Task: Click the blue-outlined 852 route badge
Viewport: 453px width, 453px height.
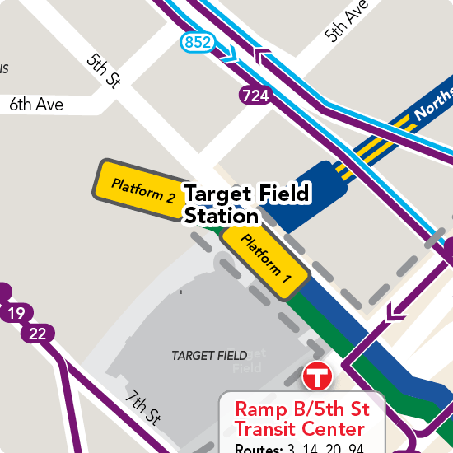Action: click(x=198, y=42)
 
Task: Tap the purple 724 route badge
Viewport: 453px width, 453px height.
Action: click(x=256, y=96)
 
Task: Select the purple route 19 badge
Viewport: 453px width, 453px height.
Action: click(x=16, y=313)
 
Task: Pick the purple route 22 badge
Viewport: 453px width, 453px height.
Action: click(x=37, y=334)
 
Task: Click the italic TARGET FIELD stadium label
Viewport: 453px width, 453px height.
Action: click(x=209, y=356)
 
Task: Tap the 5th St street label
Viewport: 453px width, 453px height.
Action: click(x=105, y=72)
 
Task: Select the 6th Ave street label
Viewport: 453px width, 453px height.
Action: click(x=36, y=105)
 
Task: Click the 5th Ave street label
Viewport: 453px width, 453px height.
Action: click(x=345, y=21)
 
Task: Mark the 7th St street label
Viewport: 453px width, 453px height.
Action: click(x=142, y=408)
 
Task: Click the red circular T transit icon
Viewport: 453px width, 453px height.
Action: click(x=316, y=376)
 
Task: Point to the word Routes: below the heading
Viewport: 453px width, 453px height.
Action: click(x=258, y=449)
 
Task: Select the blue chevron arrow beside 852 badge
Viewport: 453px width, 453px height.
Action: click(x=231, y=56)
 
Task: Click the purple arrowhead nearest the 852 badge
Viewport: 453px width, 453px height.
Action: click(x=264, y=58)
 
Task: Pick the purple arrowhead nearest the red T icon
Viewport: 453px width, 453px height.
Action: click(x=396, y=312)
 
